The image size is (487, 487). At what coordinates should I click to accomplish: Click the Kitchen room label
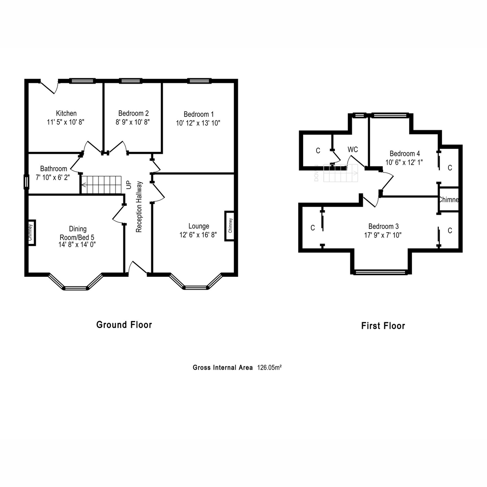point(66,113)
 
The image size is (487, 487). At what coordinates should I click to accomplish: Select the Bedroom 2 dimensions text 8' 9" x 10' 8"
point(133,122)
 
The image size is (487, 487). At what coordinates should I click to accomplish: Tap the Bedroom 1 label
point(198,114)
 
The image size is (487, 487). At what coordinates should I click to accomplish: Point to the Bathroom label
point(54,169)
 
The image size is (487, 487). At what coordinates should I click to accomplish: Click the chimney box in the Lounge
point(230,226)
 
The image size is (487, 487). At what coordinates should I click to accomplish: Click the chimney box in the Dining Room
point(31,233)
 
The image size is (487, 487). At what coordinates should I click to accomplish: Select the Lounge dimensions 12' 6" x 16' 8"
point(198,235)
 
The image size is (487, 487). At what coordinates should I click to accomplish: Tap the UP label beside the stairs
point(129,185)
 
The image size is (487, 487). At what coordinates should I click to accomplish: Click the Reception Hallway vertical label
point(139,207)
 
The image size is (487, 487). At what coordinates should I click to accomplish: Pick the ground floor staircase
point(102,185)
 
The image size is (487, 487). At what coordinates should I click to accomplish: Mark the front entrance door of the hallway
point(137,269)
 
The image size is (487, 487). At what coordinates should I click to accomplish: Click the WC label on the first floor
point(353,149)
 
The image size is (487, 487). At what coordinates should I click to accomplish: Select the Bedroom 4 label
point(404,153)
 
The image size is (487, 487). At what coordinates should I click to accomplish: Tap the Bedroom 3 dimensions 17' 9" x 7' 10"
point(383,235)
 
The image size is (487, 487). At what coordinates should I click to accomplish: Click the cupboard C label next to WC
point(318,151)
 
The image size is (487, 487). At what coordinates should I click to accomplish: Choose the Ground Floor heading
point(124,325)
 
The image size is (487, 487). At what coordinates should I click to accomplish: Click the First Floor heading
point(383,325)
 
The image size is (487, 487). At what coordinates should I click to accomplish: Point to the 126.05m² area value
point(269,368)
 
